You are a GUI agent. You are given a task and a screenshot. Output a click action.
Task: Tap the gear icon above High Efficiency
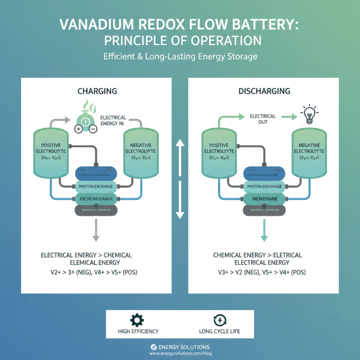tap(137, 320)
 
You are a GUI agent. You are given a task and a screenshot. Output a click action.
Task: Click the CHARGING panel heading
tap(97, 91)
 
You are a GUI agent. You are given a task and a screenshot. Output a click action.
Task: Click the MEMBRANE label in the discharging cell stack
tap(265, 198)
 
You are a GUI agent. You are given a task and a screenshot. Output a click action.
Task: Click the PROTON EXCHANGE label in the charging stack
tap(96, 186)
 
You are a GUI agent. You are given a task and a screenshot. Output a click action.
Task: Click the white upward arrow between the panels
tap(180, 155)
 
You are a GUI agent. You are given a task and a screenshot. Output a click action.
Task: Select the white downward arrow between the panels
tap(180, 202)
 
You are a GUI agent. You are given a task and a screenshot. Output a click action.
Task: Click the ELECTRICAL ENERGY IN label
tap(113, 121)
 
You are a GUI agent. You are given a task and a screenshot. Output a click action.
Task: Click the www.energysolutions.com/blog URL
tap(180, 354)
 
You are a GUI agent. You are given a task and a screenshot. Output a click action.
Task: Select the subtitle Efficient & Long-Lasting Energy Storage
tap(180, 57)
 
